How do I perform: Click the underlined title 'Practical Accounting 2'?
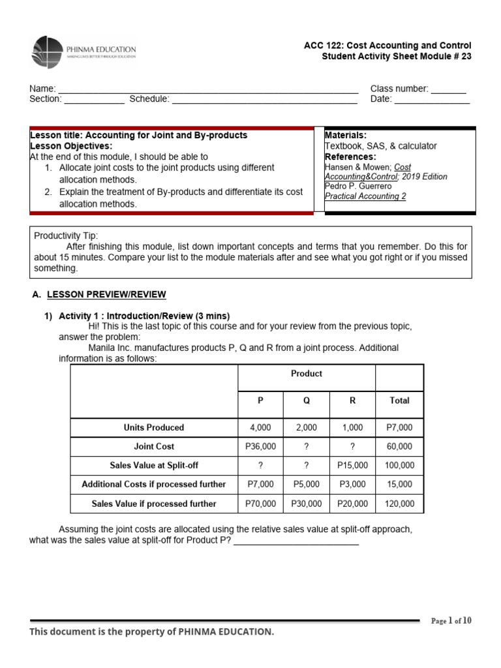(365, 196)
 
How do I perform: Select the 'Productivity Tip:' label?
(66, 235)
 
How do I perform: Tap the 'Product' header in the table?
(307, 374)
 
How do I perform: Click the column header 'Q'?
(307, 401)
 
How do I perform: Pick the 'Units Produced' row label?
(154, 428)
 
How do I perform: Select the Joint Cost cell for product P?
(260, 447)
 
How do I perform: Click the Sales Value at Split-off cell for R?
(352, 466)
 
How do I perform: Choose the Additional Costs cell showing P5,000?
(307, 485)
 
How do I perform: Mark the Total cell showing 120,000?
(399, 504)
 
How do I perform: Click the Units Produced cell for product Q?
(307, 428)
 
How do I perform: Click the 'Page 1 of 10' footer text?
(451, 621)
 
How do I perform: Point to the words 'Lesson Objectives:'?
(71, 145)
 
